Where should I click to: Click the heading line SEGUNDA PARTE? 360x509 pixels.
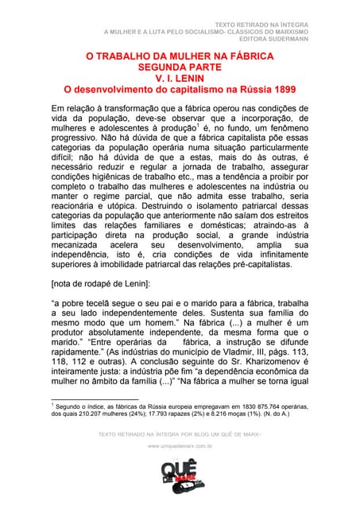(180, 68)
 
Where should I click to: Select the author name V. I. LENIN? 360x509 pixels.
(180, 79)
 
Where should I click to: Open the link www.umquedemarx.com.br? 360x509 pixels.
(180, 447)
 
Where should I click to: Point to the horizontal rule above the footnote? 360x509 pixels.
(95, 399)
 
